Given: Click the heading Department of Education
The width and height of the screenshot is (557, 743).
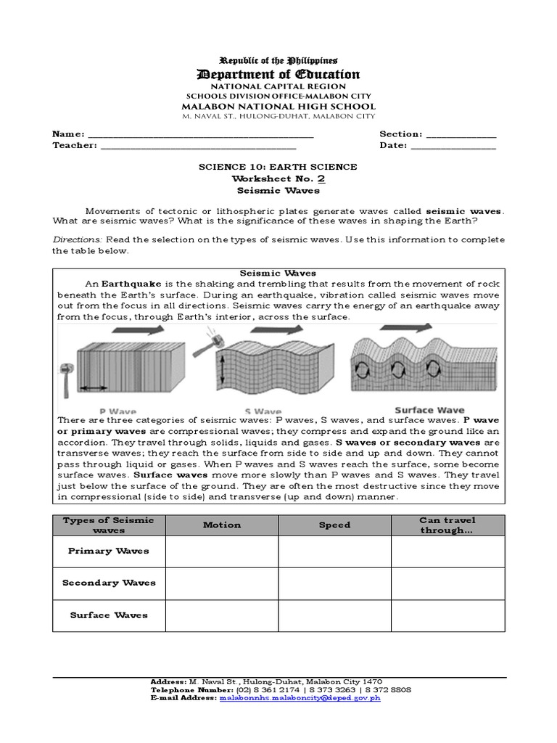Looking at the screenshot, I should coord(278,74).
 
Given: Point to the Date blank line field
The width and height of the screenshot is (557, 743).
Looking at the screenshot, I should coord(453,147).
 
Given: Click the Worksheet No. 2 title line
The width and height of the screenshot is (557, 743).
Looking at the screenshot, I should coord(278,178).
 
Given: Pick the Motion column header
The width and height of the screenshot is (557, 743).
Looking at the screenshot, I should coord(222,525).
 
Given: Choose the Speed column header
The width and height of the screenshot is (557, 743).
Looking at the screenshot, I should coord(335,525).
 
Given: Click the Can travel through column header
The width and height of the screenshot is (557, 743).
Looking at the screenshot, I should coord(447,525).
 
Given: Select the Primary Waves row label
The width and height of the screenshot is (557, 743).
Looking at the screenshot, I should coord(109,551).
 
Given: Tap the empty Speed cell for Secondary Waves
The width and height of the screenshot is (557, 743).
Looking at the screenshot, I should coord(335,583).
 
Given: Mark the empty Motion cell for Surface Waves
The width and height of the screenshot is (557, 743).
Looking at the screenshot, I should coord(222,615).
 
